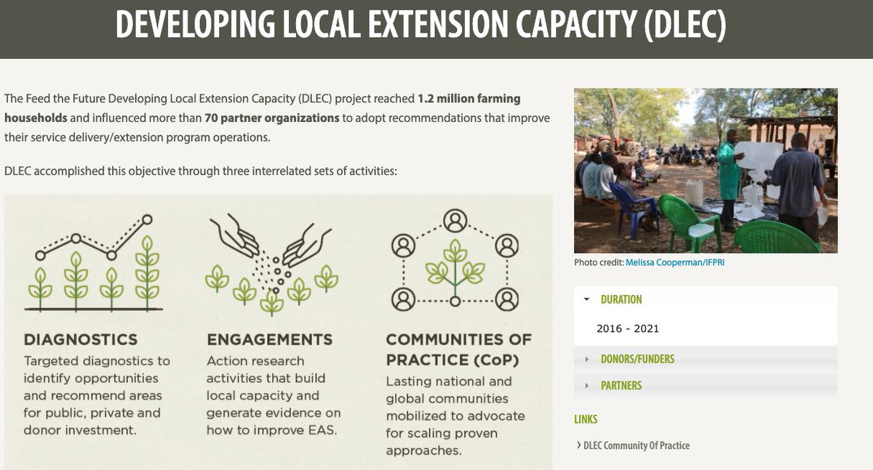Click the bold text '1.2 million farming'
pos(469,98)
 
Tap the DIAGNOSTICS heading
pos(81,339)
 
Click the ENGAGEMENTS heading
pos(270,339)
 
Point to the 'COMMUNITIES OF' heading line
pos(458,339)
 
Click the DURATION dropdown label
pos(621,299)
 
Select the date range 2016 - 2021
pos(628,328)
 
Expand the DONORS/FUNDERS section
pos(637,359)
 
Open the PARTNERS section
pos(621,386)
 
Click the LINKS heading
pos(586,419)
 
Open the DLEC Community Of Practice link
pos(636,445)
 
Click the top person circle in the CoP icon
pos(455,219)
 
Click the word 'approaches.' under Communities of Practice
pos(423,451)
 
